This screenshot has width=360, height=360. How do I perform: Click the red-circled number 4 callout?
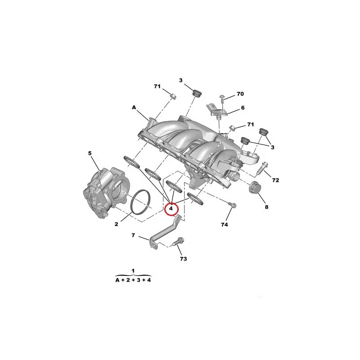[171, 209]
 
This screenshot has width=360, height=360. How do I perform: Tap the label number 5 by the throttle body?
[90, 153]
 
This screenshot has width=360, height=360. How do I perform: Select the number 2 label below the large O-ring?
[117, 224]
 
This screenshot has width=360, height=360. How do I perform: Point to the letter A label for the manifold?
[134, 108]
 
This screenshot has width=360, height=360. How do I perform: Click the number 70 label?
[240, 94]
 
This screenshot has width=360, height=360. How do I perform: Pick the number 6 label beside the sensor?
[243, 108]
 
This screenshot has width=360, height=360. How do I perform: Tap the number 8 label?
[266, 207]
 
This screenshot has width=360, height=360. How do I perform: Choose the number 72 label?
[275, 180]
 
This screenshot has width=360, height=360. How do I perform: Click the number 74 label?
[224, 225]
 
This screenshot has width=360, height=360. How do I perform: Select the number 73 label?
[183, 259]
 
